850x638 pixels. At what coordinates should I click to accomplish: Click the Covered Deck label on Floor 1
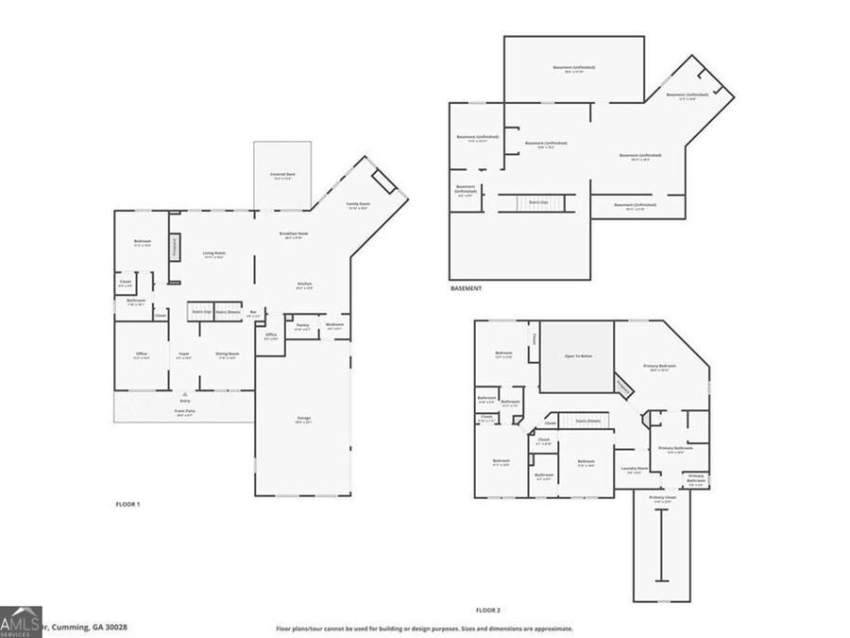pyautogui.click(x=282, y=175)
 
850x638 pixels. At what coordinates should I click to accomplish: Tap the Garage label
pyautogui.click(x=304, y=419)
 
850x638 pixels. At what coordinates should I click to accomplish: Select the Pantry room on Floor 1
pyautogui.click(x=302, y=326)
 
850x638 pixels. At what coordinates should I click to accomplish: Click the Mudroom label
pyautogui.click(x=334, y=325)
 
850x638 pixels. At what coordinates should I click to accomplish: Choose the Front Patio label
pyautogui.click(x=184, y=412)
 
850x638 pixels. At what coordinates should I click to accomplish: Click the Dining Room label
pyautogui.click(x=227, y=355)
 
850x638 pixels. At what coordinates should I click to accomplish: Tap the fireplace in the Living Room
pyautogui.click(x=175, y=247)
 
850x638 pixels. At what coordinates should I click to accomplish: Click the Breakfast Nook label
pyautogui.click(x=297, y=234)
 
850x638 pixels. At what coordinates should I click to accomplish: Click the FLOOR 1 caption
pyautogui.click(x=127, y=505)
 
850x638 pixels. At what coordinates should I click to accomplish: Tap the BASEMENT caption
pyautogui.click(x=466, y=288)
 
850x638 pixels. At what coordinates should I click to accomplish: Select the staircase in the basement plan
pyautogui.click(x=538, y=202)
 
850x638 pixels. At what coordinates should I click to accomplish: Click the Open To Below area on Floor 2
pyautogui.click(x=577, y=356)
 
